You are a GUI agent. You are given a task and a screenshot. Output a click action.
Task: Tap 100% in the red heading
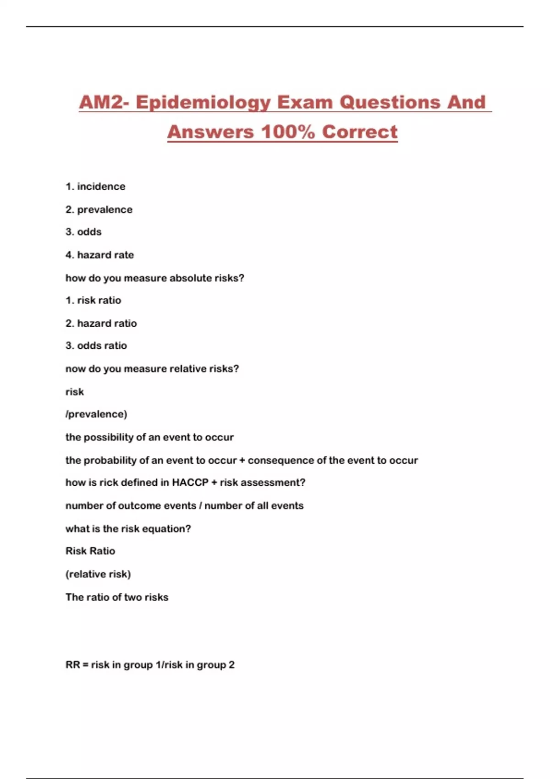[x=288, y=132]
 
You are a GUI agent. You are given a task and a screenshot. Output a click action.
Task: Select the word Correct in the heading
[x=360, y=132]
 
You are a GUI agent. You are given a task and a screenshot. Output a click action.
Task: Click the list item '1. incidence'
[x=95, y=187]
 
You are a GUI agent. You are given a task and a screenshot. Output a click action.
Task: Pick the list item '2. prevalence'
[x=99, y=209]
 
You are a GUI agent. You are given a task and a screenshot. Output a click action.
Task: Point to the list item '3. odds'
[x=83, y=232]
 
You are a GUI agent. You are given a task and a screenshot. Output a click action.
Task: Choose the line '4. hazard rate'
[x=100, y=255]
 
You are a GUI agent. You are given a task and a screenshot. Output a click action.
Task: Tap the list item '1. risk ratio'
[x=93, y=300]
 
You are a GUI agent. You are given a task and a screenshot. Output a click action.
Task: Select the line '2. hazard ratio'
[x=101, y=323]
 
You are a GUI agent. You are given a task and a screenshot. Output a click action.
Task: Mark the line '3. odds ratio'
[x=96, y=346]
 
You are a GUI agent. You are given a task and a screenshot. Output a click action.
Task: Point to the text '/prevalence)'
[x=96, y=414]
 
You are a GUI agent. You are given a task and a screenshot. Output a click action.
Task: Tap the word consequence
[x=287, y=460]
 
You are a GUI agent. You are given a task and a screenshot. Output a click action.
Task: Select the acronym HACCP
[x=190, y=483]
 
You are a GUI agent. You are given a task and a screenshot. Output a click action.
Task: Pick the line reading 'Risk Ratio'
[x=90, y=551]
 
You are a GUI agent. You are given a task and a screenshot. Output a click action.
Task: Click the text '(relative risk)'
[x=98, y=574]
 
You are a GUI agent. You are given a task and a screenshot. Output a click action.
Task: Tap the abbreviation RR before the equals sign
[x=72, y=664]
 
